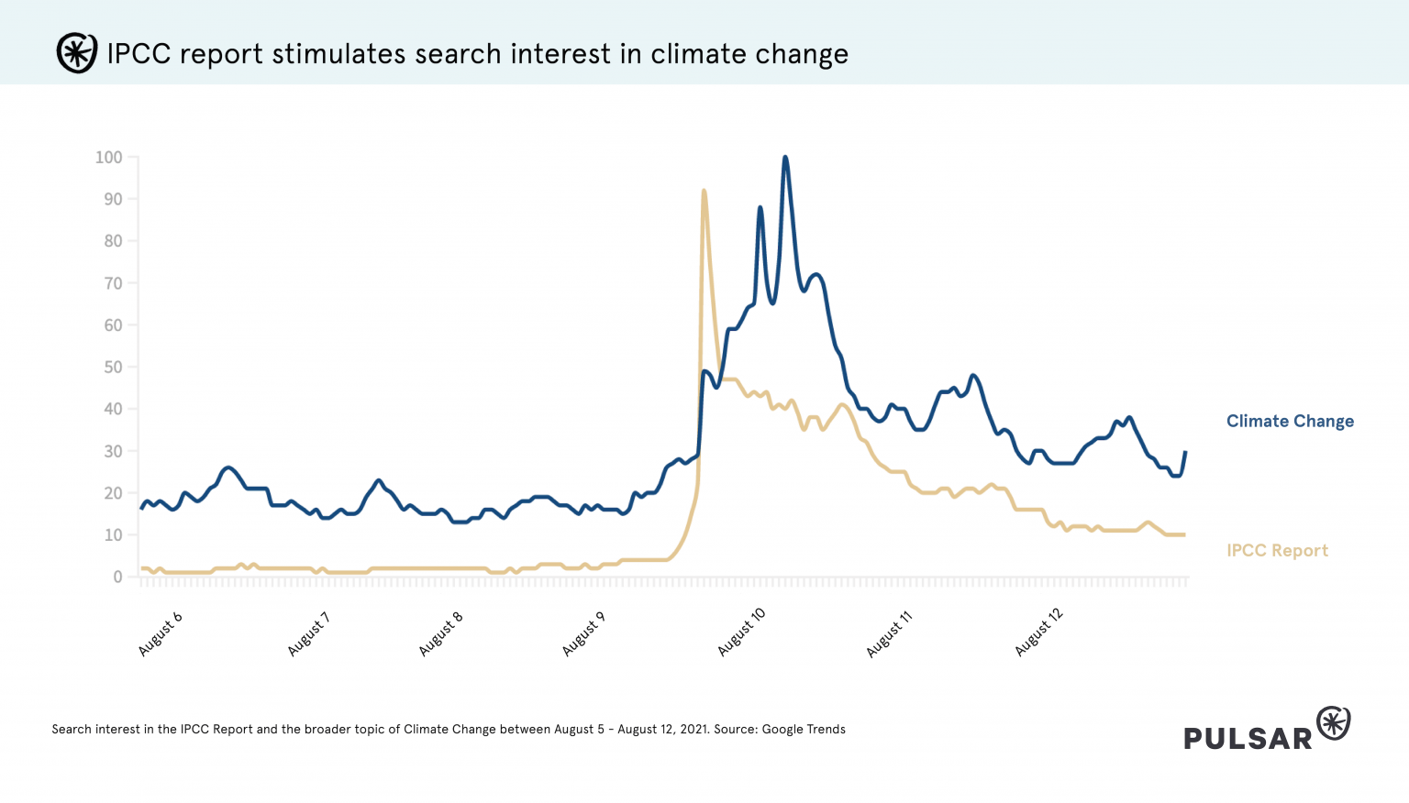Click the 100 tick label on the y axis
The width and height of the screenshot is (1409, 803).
point(108,158)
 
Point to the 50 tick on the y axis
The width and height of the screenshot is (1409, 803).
point(113,368)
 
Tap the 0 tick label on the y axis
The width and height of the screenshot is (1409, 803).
point(117,577)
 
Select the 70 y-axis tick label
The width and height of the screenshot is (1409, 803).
point(113,283)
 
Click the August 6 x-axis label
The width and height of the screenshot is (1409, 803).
point(161,633)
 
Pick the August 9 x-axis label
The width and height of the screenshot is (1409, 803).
point(583,633)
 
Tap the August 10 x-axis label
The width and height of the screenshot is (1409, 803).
point(741,632)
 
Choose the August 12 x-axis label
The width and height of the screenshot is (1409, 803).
point(1038,632)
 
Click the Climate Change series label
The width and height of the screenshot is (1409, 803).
point(1290,422)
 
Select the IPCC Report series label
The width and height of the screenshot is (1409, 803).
point(1277,551)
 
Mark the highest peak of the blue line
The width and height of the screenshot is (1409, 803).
point(785,158)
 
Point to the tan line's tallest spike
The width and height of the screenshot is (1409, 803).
point(704,191)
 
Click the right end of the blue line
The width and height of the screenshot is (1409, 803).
point(1185,452)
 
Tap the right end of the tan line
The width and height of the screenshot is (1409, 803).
point(1184,534)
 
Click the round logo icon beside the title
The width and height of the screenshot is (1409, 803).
point(76,53)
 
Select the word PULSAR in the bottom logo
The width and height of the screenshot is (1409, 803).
point(1248,739)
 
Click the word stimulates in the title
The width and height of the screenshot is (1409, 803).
point(338,54)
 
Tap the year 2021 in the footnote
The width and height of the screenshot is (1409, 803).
point(693,730)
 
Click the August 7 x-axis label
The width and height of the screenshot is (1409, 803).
point(309,633)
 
